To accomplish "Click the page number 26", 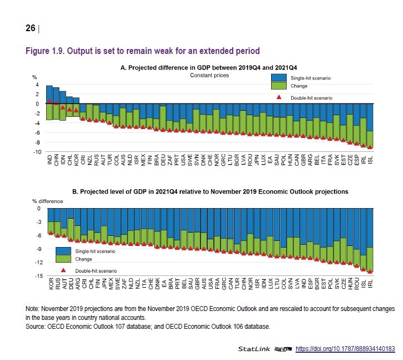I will (x=30, y=28).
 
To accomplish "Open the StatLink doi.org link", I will (x=345, y=349).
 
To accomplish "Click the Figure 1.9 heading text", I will (x=142, y=51).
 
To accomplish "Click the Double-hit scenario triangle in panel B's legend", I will (x=63, y=269).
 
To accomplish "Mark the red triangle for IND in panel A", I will (x=50, y=101).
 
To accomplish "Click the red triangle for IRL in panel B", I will (x=370, y=272).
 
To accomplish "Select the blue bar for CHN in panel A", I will (x=56, y=95).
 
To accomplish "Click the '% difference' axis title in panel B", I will (x=47, y=200).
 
